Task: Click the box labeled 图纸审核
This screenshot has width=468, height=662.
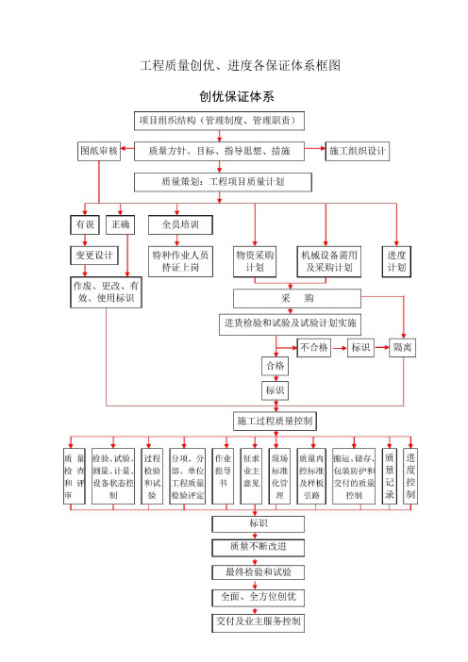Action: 99,151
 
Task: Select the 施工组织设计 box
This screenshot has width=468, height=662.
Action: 358,151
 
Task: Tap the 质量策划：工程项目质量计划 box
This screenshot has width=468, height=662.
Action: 223,182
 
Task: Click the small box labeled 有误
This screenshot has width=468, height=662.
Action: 85,224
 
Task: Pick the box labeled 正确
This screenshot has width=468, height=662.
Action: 121,224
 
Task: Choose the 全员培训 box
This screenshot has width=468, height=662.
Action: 180,224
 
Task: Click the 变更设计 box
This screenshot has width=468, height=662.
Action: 94,255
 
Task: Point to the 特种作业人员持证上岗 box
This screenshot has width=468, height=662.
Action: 180,261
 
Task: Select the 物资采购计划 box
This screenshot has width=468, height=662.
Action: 255,261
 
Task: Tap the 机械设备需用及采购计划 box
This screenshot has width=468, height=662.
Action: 329,261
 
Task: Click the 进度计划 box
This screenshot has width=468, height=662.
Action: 396,261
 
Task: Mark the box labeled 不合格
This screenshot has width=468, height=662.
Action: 314,348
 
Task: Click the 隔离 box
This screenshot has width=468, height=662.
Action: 403,348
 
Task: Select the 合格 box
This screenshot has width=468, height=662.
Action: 276,366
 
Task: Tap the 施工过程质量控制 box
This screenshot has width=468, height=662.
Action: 275,421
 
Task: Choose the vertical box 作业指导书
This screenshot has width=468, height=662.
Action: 223,476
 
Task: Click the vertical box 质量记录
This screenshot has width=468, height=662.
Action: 390,476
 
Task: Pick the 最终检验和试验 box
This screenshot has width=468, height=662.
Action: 259,572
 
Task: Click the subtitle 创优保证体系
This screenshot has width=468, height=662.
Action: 237,97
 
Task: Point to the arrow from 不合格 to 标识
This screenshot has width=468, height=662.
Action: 339,348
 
